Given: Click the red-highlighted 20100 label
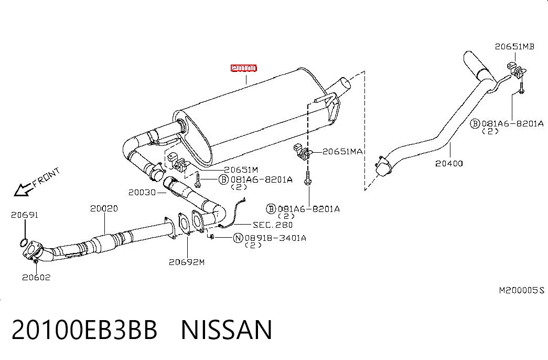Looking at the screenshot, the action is tap(244, 68).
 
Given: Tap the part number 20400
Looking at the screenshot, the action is tap(449, 163).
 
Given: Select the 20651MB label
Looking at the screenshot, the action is tap(514, 47).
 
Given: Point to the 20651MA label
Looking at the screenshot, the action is tap(342, 152).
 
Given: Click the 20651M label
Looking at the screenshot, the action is tap(241, 170).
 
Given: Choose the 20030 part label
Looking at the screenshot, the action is tap(142, 193).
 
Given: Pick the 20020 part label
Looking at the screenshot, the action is tap(104, 208).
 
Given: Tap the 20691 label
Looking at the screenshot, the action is tap(25, 215).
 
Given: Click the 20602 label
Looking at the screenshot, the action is tap(36, 278).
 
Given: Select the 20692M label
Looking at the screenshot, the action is tap(187, 262).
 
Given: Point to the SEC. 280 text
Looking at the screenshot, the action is tap(273, 225).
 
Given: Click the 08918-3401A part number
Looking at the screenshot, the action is tap(275, 238).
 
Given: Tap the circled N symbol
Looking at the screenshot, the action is tap(238, 238).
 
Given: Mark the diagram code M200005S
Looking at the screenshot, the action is tap(521, 290).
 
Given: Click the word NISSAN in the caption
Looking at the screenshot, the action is tap(227, 330).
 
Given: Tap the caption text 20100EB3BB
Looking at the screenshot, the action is tap(84, 330).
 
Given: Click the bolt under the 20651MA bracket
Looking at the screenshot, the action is tap(307, 178).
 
